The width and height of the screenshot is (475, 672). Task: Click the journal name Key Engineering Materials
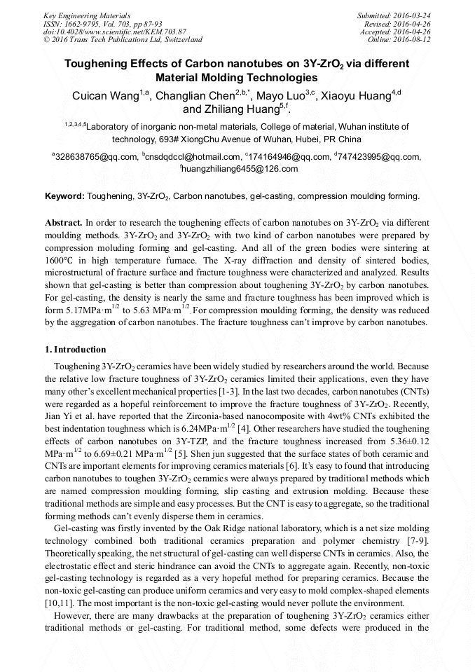tap(88, 15)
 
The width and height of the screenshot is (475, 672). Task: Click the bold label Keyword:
tap(64, 196)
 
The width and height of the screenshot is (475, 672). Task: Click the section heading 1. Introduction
tap(76, 350)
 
